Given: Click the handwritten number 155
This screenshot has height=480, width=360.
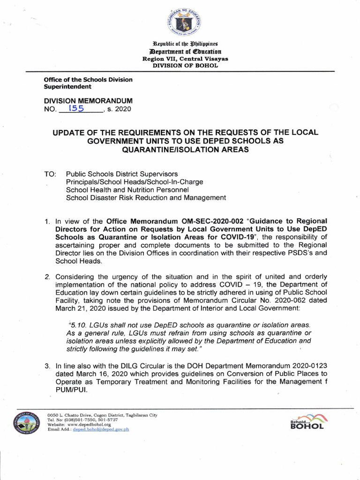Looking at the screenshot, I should [x=76, y=109].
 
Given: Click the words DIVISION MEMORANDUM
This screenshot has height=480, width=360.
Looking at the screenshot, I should [x=88, y=101].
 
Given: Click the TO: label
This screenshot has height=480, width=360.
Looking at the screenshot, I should [x=50, y=174].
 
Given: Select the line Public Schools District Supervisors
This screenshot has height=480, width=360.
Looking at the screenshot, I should [x=122, y=174].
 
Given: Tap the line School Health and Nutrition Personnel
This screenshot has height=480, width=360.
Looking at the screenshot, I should [x=127, y=190].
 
